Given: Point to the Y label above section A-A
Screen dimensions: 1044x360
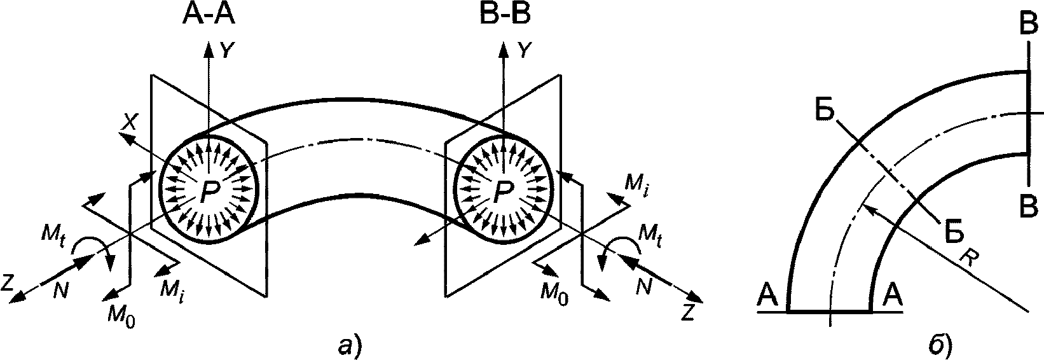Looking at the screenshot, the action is tap(226, 50).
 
